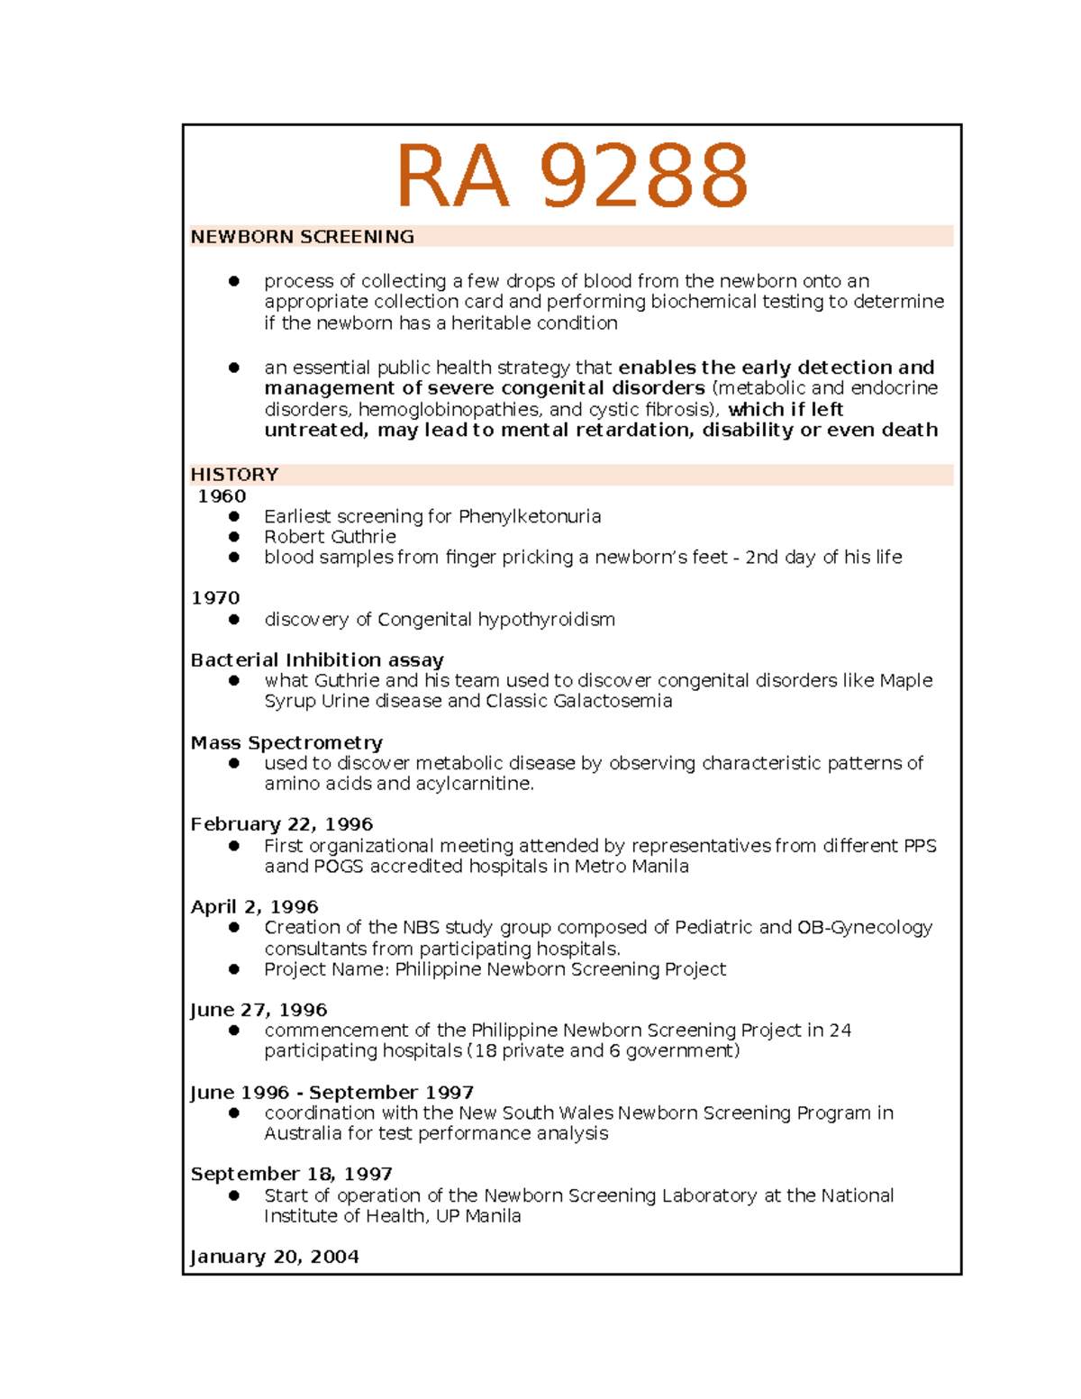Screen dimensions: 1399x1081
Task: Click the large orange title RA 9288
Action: tap(572, 176)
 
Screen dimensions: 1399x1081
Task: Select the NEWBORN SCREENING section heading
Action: tap(302, 237)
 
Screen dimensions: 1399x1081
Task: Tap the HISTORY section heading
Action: tap(234, 475)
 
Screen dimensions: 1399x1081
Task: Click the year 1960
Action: tap(222, 496)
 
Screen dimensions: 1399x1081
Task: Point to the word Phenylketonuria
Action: tap(529, 517)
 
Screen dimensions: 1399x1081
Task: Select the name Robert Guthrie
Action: tap(330, 537)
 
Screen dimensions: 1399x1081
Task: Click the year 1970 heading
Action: tap(215, 598)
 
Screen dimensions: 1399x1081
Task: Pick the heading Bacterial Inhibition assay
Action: tap(317, 660)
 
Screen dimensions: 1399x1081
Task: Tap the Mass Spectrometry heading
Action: tap(286, 743)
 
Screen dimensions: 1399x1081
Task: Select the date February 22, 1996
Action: tap(281, 824)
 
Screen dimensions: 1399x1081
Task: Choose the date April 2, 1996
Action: tap(254, 907)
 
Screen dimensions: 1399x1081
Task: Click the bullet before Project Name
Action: tap(234, 969)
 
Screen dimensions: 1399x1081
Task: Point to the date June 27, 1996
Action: tap(259, 1010)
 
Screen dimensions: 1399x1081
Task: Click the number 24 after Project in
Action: tap(840, 1031)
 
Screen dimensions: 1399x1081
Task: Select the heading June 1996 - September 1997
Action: tap(332, 1093)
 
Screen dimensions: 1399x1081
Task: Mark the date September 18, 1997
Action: tap(291, 1175)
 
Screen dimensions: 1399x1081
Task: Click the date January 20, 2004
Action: tap(275, 1257)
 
